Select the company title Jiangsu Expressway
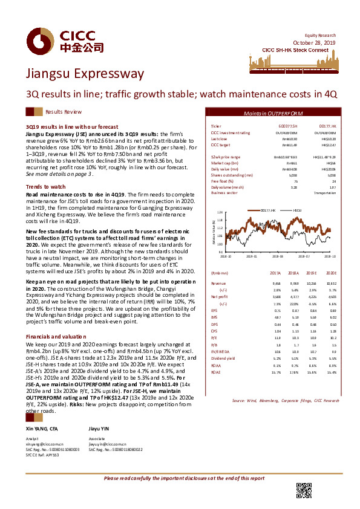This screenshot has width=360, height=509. [x=71, y=74]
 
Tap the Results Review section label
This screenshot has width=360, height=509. [x=64, y=112]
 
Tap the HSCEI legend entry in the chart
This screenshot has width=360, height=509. [x=298, y=210]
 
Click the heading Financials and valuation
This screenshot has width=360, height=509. [x=55, y=336]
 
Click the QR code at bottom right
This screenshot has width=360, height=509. [x=303, y=490]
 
